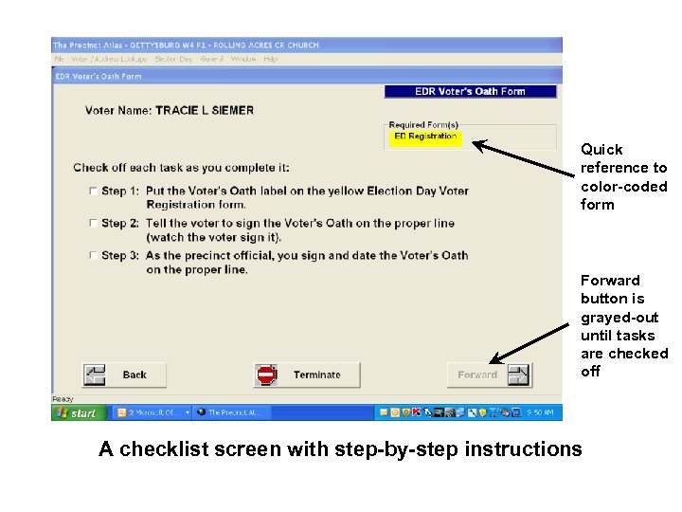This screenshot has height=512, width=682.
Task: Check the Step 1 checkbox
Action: point(93,191)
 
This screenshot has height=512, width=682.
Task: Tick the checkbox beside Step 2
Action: point(93,223)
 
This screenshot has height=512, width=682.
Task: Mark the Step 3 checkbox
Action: point(93,255)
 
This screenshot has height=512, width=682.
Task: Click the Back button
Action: point(124,375)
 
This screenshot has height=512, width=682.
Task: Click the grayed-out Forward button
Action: point(489,375)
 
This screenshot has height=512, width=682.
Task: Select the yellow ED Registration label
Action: point(425,137)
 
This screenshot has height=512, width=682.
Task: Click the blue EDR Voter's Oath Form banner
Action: point(470,92)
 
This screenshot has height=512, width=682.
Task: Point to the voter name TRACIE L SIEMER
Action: point(205,110)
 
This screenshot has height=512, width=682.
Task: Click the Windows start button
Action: point(78,413)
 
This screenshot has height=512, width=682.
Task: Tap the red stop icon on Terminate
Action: point(266,375)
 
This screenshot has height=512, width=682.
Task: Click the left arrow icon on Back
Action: point(95,375)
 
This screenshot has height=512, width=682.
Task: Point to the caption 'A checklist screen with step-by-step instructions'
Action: point(340,448)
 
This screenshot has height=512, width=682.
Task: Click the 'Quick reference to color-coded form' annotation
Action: point(623,176)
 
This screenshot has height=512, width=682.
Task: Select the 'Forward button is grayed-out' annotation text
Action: point(623,325)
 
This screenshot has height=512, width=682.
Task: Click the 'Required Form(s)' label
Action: point(423,124)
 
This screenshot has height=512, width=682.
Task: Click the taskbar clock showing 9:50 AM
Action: point(542,413)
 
